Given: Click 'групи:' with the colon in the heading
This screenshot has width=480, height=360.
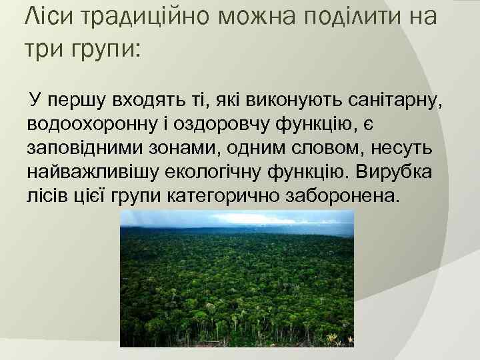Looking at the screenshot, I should point(107,51).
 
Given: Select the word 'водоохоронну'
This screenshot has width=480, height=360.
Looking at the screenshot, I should point(91,125).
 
